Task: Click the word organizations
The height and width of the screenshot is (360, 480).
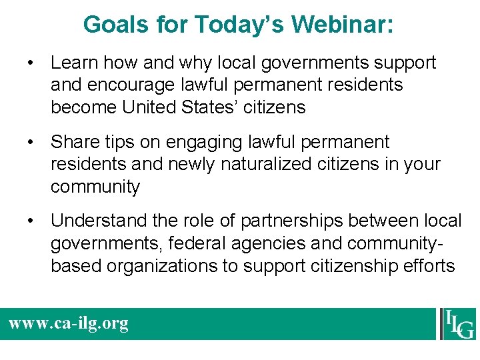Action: pyautogui.click(x=167, y=265)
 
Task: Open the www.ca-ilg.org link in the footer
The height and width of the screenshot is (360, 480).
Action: pyautogui.click(x=68, y=324)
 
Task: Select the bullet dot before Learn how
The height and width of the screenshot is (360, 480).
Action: pyautogui.click(x=31, y=63)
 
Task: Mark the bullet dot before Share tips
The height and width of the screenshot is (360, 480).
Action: pyautogui.click(x=31, y=143)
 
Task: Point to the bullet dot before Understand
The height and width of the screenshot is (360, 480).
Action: pyautogui.click(x=31, y=221)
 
